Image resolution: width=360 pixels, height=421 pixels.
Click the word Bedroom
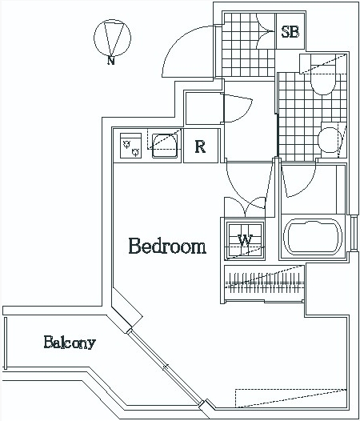click(167, 246)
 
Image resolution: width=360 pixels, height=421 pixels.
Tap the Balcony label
click(70, 343)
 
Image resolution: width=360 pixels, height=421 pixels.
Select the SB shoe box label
click(290, 32)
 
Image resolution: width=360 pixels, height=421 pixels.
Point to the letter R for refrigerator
click(200, 146)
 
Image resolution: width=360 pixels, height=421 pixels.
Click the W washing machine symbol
click(245, 240)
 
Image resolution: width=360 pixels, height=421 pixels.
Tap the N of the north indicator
click(111, 60)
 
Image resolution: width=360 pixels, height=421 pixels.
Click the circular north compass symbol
click(113, 38)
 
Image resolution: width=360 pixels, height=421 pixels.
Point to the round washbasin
click(330, 139)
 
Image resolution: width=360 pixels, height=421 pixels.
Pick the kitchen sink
click(165, 146)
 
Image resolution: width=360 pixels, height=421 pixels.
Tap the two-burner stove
click(130, 146)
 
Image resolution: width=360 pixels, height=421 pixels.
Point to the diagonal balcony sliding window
click(166, 367)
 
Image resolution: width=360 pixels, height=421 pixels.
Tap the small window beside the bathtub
click(354, 233)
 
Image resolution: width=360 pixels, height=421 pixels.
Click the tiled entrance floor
click(248, 45)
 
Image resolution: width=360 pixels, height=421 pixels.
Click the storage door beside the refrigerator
click(238, 108)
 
